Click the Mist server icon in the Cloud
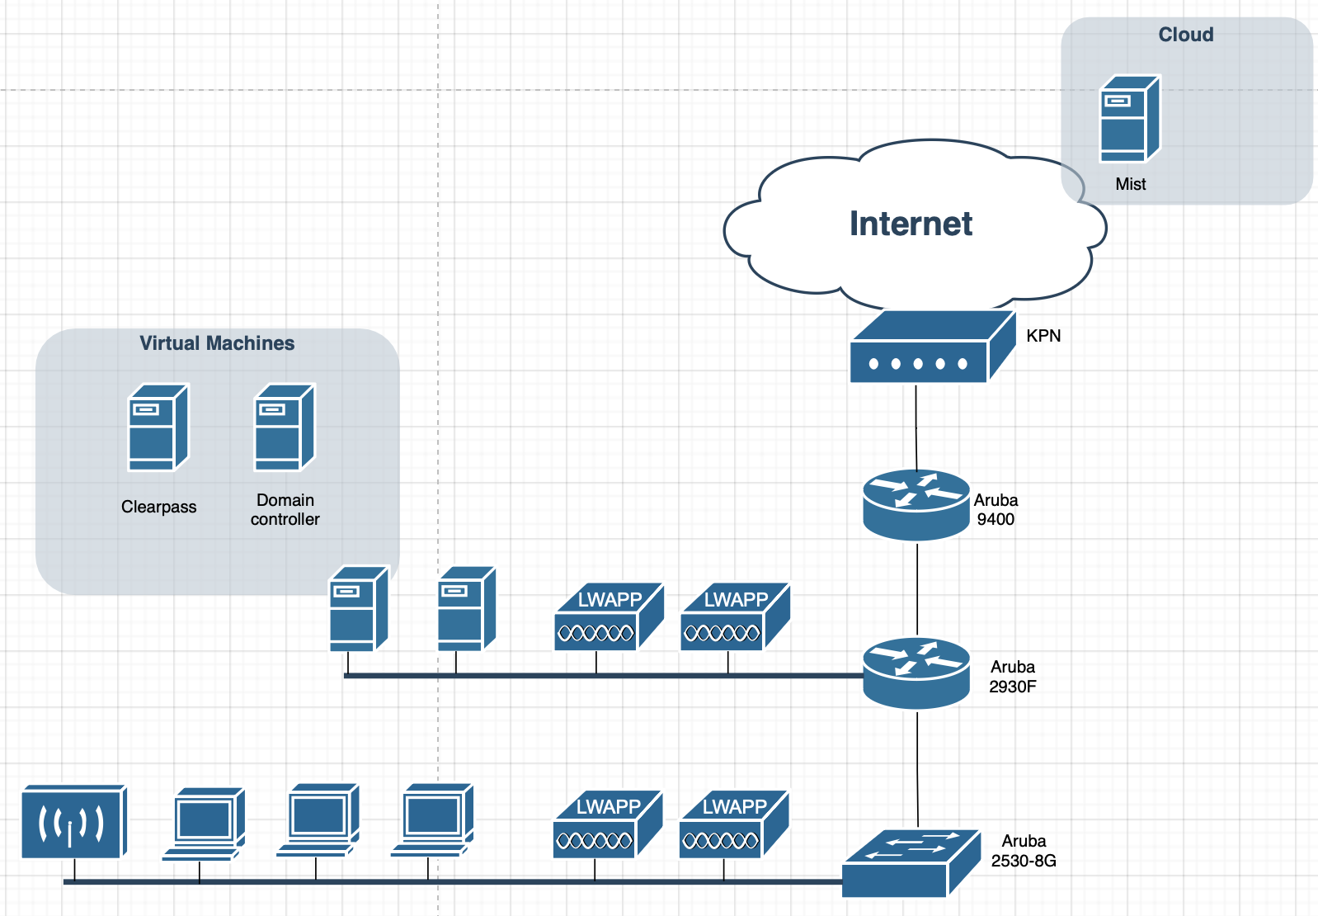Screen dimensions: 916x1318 coord(1129,119)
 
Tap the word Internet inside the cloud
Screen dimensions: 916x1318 coord(911,224)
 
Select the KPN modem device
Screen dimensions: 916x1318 coord(931,347)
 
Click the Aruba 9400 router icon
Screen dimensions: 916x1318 coord(916,504)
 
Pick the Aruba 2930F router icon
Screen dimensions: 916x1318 coord(916,673)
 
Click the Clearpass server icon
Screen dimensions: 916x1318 coord(158,427)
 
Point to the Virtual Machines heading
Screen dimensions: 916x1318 coord(217,343)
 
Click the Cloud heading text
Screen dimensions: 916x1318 coord(1185,35)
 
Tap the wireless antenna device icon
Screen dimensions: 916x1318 coord(73,822)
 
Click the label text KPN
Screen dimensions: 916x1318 coord(1043,336)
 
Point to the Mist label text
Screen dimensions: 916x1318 coord(1130,184)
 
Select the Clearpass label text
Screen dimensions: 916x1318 coord(158,507)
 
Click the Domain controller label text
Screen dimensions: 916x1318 coord(285,509)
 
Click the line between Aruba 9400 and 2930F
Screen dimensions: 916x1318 coord(917,588)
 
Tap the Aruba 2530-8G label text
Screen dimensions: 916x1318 coord(1024,851)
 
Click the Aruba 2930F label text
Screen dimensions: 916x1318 coord(1012,677)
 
